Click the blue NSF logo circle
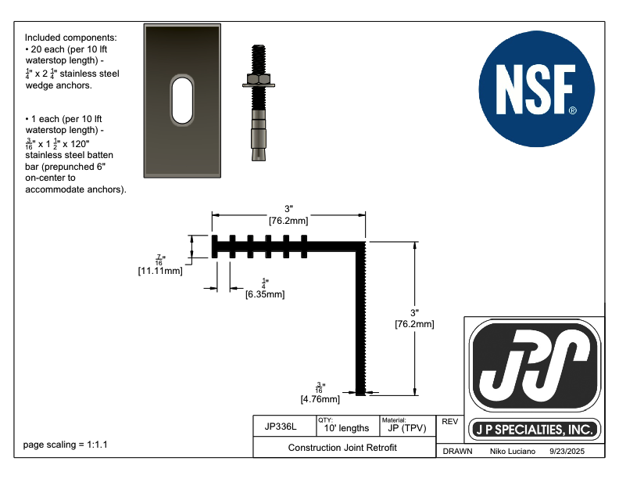tap(536, 89)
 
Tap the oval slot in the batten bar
tap(182, 100)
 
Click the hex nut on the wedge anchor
tap(259, 79)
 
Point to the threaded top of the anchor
tap(259, 59)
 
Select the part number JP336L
tap(281, 427)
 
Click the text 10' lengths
tap(346, 428)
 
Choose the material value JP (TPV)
tap(407, 428)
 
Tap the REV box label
tap(449, 422)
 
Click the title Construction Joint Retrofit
tap(342, 448)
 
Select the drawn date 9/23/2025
tap(567, 452)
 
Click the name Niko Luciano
tap(513, 452)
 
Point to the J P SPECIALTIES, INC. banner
tap(535, 430)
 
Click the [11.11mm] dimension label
tap(160, 271)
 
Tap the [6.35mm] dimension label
tap(265, 294)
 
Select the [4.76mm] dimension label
tap(320, 399)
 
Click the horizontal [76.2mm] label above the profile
tap(288, 221)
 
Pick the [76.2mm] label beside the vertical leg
tap(414, 324)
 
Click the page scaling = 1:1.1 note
tap(65, 445)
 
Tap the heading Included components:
tap(71, 38)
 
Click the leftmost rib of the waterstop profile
tap(214, 247)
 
